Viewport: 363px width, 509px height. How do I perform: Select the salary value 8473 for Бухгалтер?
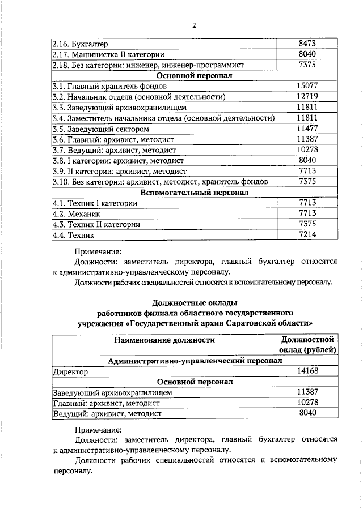pos(307,44)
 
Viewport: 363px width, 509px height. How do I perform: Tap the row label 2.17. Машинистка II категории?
pos(108,54)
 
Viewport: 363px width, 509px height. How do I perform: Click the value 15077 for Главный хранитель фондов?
pos(307,85)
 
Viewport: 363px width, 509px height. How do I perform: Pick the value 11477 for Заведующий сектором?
pos(307,128)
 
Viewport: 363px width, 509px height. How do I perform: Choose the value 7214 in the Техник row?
pos(307,234)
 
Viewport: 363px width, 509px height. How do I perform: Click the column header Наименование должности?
pos(164,340)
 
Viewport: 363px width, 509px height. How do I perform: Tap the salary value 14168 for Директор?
pos(307,371)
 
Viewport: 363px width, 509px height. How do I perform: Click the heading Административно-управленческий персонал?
pos(195,360)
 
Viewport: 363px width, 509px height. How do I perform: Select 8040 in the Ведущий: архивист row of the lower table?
pos(307,413)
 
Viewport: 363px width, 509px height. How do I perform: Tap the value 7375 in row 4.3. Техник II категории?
pos(307,224)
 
